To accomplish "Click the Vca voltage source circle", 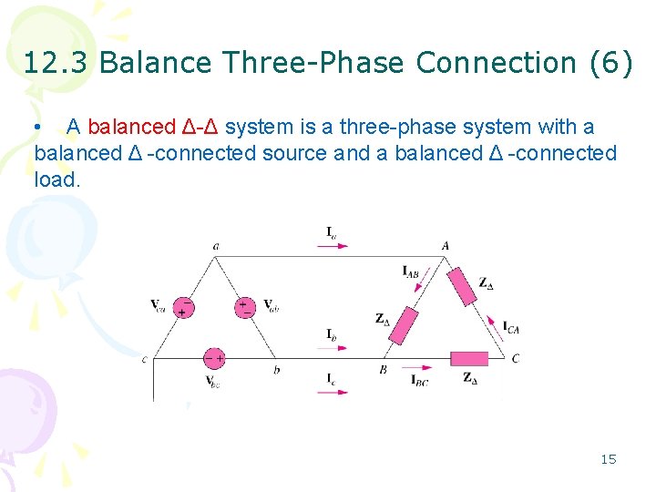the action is [x=184, y=306].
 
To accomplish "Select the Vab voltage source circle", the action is [x=245, y=306].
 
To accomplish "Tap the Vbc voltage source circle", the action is [x=214, y=357].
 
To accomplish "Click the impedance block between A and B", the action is [x=403, y=325].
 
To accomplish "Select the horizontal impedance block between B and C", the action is [x=470, y=358].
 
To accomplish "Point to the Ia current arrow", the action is [x=333, y=246].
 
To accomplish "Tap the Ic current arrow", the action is [x=333, y=392].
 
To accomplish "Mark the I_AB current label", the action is [x=412, y=270].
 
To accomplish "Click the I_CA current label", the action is [x=511, y=327].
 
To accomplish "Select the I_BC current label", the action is [x=419, y=380].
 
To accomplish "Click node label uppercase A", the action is [x=446, y=245].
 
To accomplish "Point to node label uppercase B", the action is [x=384, y=370].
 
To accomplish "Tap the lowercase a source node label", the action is [x=215, y=245].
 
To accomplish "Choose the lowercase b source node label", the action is [x=277, y=370].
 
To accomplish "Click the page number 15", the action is [x=608, y=459].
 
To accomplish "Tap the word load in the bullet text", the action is [x=56, y=179].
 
